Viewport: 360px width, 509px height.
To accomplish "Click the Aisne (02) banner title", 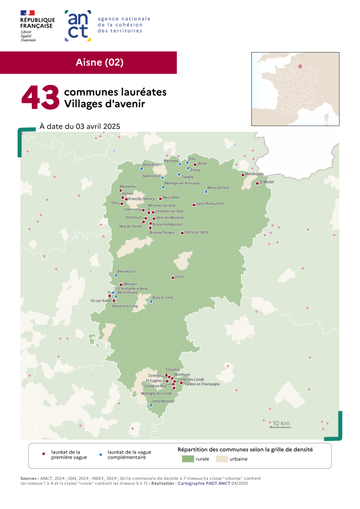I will (99, 62).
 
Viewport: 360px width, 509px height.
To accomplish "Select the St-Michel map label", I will (266, 182).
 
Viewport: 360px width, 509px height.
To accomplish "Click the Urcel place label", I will (180, 277).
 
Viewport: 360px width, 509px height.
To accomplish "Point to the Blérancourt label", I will (127, 271).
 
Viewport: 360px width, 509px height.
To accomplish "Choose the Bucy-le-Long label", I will (162, 297).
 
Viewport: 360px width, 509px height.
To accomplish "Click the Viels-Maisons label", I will (163, 402).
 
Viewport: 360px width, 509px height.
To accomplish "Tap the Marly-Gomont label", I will (218, 187).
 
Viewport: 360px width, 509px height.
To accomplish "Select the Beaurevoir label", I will (152, 165).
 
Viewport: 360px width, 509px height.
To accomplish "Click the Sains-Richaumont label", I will (210, 204).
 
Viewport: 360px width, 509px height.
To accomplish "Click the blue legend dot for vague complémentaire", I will (100, 454).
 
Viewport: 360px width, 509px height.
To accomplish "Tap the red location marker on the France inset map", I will (300, 67).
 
